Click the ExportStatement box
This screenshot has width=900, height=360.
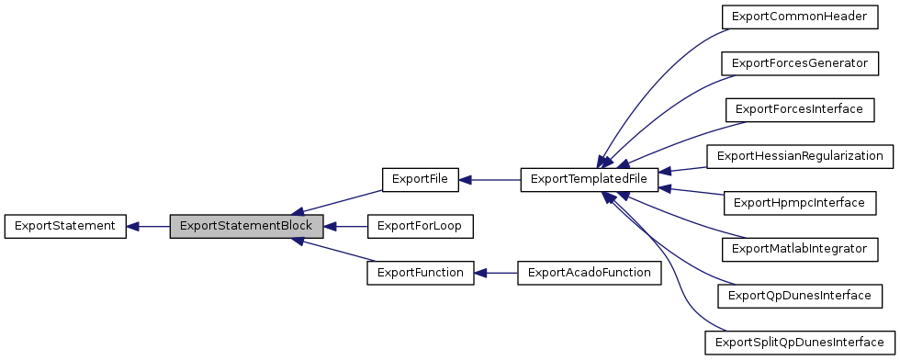[x=64, y=225]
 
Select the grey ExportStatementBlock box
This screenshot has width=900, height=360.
[x=246, y=225]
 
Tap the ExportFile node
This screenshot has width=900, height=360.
[x=420, y=178]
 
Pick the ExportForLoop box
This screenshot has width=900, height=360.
[x=420, y=225]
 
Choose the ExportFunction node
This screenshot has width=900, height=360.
[x=420, y=272]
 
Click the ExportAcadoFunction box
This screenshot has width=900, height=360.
[x=590, y=272]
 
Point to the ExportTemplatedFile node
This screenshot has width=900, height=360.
[x=590, y=178]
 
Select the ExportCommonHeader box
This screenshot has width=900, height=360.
[x=794, y=17]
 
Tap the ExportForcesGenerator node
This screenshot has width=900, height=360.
[x=794, y=62]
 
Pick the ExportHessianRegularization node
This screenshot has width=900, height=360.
[x=799, y=155]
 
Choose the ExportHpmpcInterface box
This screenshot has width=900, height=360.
[x=794, y=201]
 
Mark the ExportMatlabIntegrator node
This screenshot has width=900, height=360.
[x=794, y=248]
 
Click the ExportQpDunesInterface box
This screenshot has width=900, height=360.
[x=798, y=295]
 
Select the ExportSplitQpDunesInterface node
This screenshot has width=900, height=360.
[x=798, y=342]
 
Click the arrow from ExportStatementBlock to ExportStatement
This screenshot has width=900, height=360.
[x=148, y=225]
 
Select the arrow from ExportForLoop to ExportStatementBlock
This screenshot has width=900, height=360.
[x=345, y=225]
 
